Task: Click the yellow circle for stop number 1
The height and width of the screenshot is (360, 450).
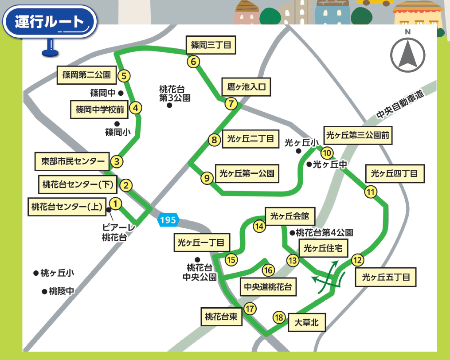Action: click(115, 203)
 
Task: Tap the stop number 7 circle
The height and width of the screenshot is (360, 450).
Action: click(231, 104)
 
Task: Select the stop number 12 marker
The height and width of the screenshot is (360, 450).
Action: click(357, 260)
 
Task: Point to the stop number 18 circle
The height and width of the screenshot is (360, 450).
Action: click(278, 317)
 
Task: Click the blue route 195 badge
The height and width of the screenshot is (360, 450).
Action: click(168, 220)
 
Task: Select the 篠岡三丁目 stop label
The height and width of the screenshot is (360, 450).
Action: click(211, 45)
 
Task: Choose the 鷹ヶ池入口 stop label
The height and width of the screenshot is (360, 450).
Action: click(246, 86)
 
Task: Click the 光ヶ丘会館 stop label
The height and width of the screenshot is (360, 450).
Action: click(290, 216)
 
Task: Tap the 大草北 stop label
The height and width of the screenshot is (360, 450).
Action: click(306, 322)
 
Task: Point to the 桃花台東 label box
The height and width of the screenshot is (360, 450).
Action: click(221, 317)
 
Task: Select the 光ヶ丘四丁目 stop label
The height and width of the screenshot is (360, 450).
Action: click(394, 173)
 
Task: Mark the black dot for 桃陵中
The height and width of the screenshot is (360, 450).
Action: click(44, 291)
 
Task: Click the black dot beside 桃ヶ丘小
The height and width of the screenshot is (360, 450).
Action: click(36, 273)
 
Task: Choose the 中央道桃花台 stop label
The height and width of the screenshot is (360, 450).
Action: click(268, 287)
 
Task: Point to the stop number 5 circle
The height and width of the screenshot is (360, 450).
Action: click(125, 76)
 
